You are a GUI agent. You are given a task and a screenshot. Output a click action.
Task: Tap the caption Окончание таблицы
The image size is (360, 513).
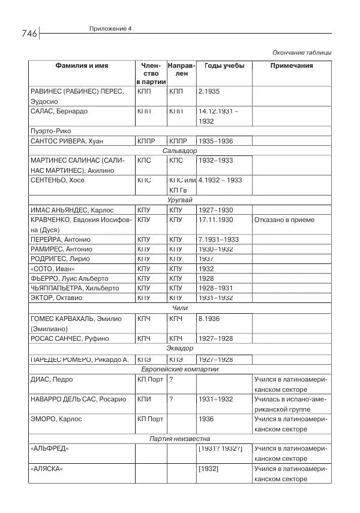(x=302, y=52)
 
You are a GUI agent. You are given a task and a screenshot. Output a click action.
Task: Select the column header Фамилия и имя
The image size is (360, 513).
(x=82, y=65)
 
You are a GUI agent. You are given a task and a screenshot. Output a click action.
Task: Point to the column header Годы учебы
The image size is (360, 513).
(x=224, y=65)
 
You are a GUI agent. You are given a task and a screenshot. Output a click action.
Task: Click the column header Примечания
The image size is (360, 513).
(x=292, y=65)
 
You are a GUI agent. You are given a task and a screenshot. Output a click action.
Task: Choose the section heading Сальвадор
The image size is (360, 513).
(x=180, y=151)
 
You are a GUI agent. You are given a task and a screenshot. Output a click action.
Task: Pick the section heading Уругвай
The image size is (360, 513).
(x=180, y=200)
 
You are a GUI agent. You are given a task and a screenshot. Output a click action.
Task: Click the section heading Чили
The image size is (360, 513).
(x=180, y=308)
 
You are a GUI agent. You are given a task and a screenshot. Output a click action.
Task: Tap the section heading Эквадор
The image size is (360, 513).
(x=180, y=348)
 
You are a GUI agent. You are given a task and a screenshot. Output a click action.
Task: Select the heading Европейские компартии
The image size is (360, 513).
(x=180, y=369)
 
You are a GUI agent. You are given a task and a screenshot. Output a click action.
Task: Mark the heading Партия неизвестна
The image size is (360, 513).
(x=180, y=439)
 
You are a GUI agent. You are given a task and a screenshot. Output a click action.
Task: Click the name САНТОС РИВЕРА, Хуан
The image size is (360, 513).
(x=67, y=141)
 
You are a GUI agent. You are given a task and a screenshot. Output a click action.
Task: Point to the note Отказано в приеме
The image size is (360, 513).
(x=284, y=220)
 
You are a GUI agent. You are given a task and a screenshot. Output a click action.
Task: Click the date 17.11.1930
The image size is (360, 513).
(x=215, y=220)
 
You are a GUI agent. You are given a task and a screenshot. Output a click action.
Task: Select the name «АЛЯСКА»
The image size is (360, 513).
(x=46, y=469)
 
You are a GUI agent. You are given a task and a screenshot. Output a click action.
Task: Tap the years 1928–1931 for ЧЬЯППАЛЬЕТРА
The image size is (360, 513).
(x=215, y=288)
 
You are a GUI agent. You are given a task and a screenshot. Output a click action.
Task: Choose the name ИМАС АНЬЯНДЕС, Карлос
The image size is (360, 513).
(x=71, y=210)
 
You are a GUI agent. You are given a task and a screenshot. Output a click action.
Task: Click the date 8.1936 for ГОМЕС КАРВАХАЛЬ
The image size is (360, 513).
(x=209, y=319)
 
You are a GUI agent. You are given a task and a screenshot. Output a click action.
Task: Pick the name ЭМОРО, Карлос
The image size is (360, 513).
(x=56, y=419)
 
